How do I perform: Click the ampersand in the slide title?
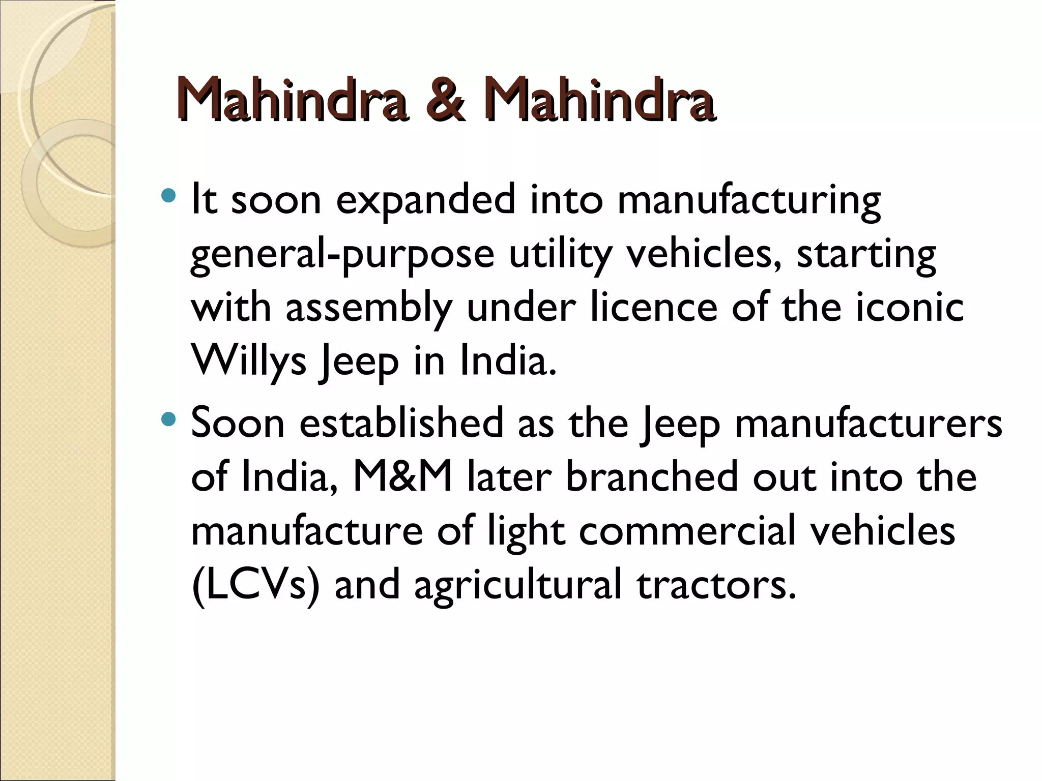[x=445, y=100]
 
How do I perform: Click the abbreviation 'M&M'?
[x=402, y=478]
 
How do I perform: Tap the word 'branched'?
[x=651, y=478]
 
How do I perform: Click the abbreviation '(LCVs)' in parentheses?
[x=255, y=586]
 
